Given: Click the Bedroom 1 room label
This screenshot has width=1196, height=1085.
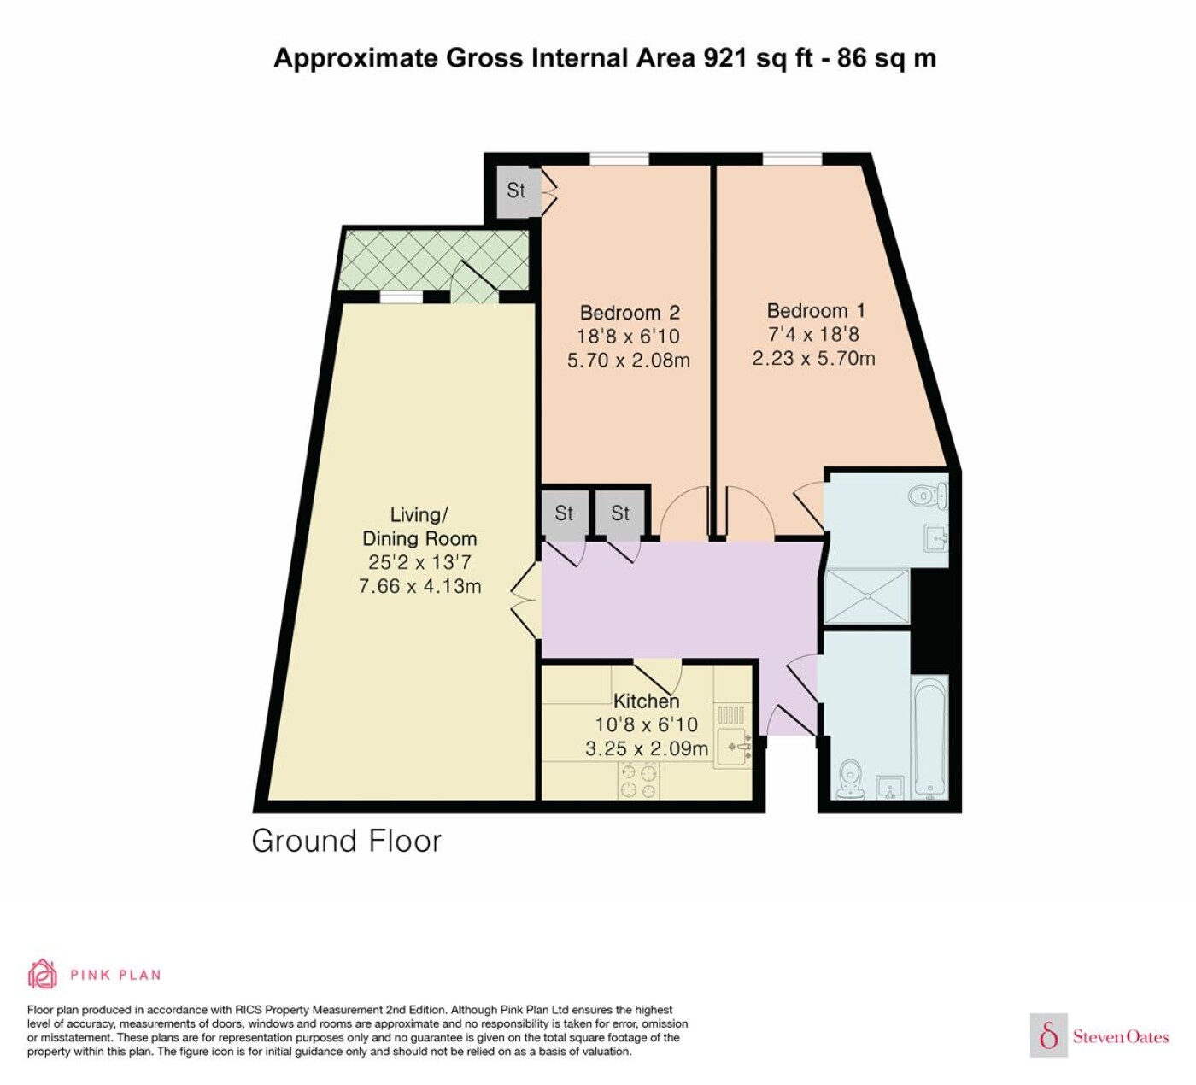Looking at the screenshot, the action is coord(815,311).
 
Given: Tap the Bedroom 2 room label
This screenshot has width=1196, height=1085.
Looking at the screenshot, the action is coord(630,313).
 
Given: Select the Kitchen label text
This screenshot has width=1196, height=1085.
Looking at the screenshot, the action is coord(647,701).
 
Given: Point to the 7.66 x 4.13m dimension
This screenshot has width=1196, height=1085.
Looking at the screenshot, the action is coord(419,586).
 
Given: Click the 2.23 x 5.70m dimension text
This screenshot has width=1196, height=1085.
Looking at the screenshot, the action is coord(814,358).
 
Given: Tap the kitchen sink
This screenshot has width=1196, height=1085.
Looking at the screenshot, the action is coord(732,747).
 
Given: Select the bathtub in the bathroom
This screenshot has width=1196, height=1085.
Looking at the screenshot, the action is coord(929,736).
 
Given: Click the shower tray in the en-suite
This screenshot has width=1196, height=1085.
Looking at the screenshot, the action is coord(867,595).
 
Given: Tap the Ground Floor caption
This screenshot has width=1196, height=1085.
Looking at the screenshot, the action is coord(346,841).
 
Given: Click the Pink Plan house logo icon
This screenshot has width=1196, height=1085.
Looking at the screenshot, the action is coord(43,974).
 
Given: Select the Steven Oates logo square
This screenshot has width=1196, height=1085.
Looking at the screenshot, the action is coord(1049,1036).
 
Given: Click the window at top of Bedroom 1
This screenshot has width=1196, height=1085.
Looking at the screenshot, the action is coord(793,159).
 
